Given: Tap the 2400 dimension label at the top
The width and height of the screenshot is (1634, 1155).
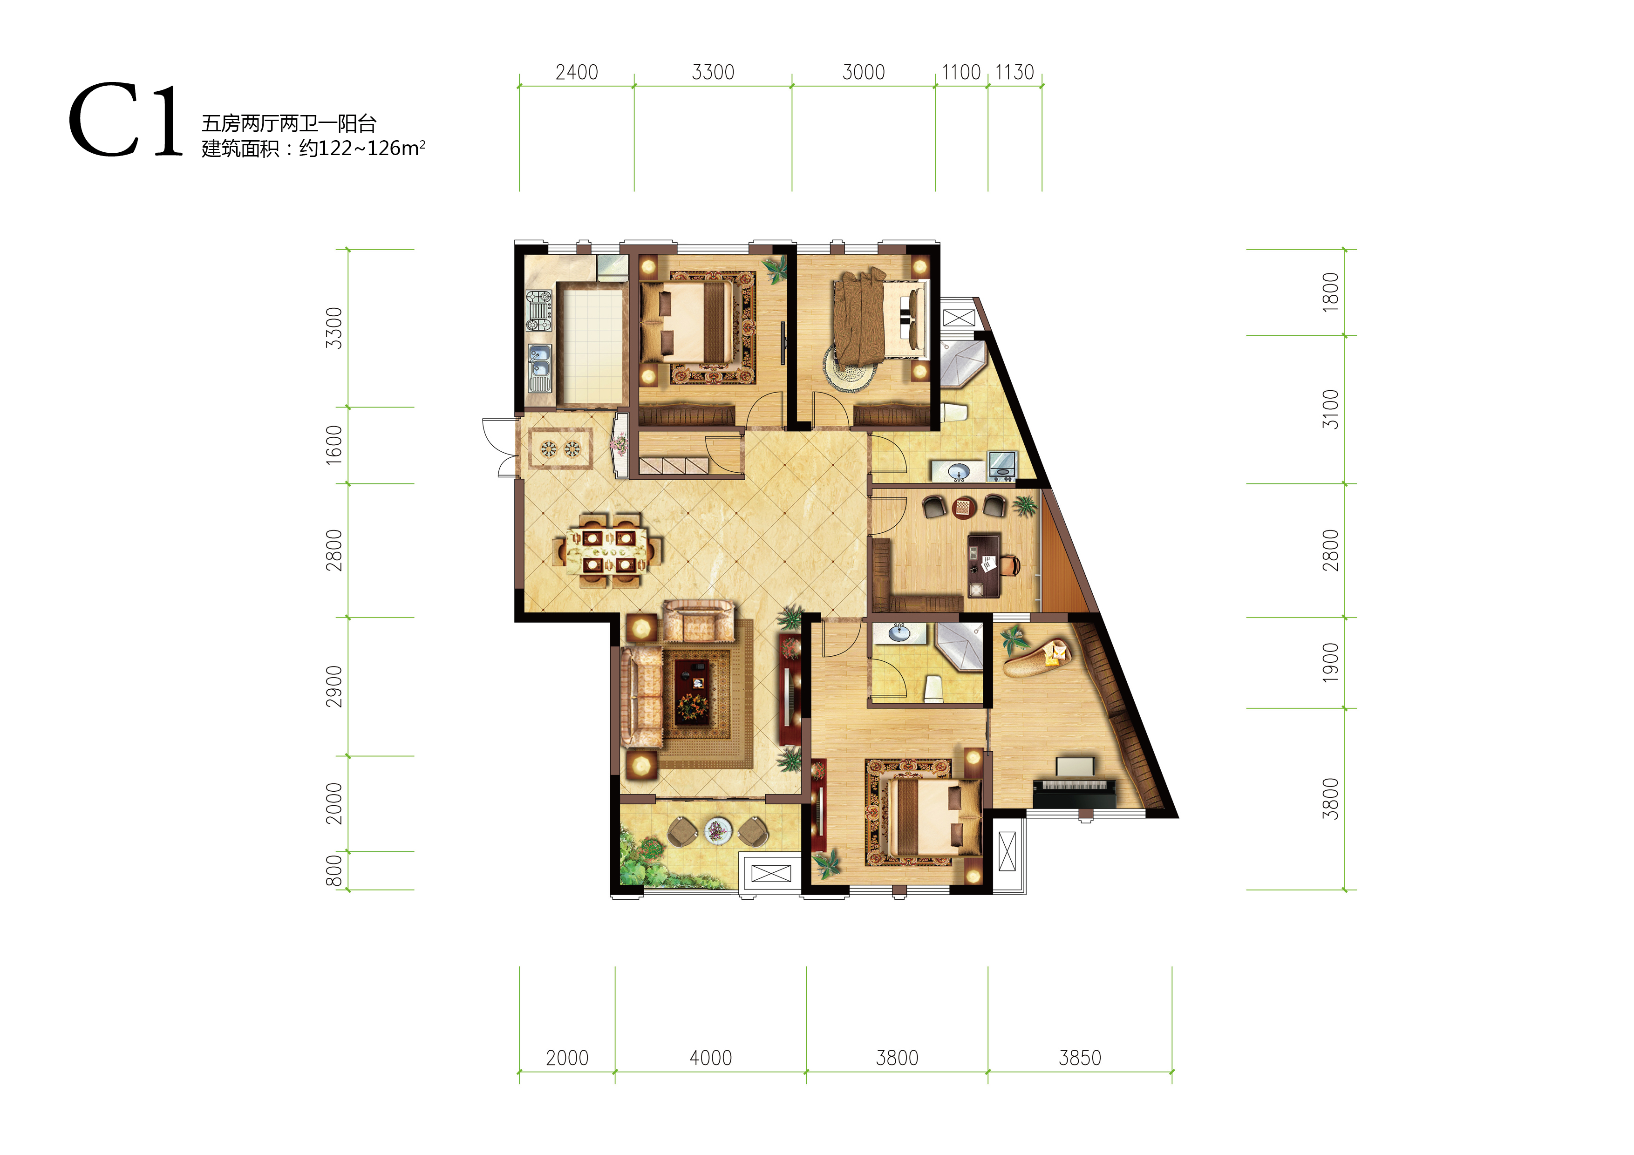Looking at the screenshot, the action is [x=577, y=73].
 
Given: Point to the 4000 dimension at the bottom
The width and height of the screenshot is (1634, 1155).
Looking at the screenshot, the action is [x=710, y=1058].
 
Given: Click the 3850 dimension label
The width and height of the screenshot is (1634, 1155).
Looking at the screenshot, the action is [x=1080, y=1058].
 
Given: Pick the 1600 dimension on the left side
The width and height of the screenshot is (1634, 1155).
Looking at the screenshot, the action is [x=334, y=446].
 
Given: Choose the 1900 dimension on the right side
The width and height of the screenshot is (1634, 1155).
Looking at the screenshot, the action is [x=1330, y=663].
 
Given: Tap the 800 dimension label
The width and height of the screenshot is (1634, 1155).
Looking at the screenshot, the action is [x=334, y=870].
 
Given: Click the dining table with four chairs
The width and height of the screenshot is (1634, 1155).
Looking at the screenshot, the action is [x=608, y=550].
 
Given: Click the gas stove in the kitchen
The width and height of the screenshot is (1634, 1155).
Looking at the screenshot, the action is [x=539, y=310].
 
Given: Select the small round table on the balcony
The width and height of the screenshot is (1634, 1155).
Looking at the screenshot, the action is [x=717, y=830].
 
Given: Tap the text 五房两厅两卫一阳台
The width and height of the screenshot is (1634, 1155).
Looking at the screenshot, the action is [x=288, y=124].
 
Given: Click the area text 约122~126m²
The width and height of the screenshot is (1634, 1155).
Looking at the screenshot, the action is [x=361, y=148].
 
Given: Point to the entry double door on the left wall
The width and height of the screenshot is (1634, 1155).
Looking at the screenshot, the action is [x=500, y=447].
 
